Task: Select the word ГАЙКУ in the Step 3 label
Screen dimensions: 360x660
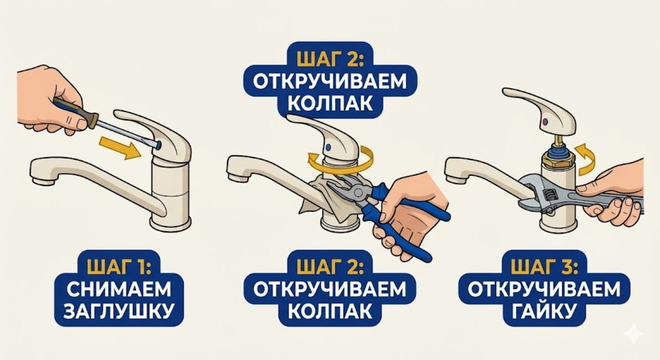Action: coord(543,311)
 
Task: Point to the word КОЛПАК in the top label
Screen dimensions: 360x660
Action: coord(329,103)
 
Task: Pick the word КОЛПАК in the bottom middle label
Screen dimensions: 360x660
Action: coord(329,311)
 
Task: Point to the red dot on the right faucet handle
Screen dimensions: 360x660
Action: coord(545,122)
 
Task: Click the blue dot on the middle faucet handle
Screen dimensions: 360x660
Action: coord(328,146)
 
